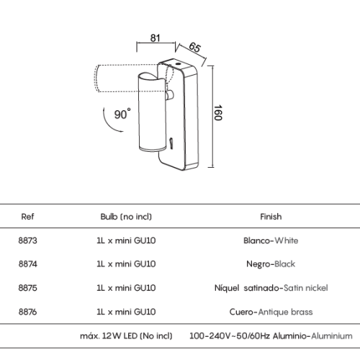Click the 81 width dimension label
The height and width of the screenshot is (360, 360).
(155, 38)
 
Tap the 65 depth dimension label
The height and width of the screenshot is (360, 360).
(194, 47)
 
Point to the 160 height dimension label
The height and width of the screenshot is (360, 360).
(218, 112)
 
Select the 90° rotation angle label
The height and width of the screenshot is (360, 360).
(122, 114)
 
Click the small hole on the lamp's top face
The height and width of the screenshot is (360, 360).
(178, 64)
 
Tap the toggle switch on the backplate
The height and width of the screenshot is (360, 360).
(171, 143)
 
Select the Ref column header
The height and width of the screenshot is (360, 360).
(27, 217)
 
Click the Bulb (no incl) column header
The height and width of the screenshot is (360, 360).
(126, 217)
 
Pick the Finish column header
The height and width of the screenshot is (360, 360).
(271, 217)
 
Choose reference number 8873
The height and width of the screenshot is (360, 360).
(28, 240)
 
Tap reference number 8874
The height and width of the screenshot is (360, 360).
(28, 264)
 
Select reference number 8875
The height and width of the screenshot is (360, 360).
(28, 288)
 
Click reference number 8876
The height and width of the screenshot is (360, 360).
(28, 312)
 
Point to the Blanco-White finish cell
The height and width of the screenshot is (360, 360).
(271, 240)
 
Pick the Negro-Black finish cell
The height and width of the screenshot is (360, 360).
(271, 264)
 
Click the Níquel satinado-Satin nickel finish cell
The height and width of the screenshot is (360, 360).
(271, 288)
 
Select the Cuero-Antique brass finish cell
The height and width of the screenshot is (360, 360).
(271, 312)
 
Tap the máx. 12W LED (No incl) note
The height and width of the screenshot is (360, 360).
(126, 336)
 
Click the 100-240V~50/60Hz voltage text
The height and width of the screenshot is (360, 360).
(230, 336)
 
